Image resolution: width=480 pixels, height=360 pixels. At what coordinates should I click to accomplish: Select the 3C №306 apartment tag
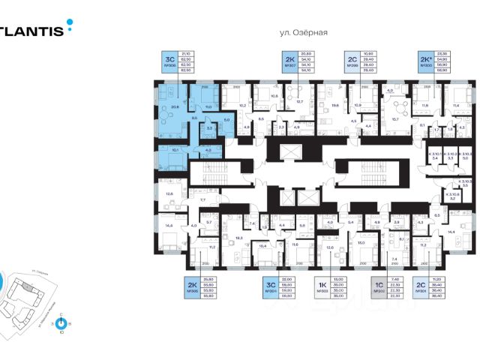(x=169, y=61)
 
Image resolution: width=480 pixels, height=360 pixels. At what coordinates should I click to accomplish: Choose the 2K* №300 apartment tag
(x=426, y=61)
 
